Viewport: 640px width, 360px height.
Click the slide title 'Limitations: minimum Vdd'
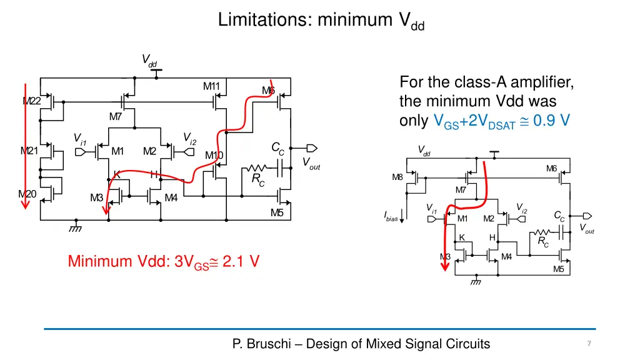321,21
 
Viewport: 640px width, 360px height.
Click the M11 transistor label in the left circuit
211,86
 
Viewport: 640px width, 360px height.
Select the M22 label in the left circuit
32,101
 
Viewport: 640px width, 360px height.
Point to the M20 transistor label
27,194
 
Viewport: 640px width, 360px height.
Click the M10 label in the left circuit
214,156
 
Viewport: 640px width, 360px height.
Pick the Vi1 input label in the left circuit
79,138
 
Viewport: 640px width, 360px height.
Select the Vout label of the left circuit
311,164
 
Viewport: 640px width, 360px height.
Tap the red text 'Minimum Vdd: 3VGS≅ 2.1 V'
164,261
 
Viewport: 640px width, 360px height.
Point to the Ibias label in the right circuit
390,217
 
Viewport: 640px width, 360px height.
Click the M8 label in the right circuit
397,177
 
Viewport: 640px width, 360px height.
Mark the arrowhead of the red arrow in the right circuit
445,267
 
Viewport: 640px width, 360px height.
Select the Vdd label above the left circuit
149,61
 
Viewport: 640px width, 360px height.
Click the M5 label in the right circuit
558,269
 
